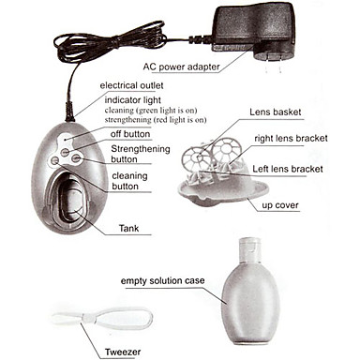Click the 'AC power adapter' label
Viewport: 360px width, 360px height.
click(x=181, y=67)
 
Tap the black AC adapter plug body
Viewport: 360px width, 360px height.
click(x=254, y=27)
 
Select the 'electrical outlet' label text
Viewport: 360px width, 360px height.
click(x=131, y=85)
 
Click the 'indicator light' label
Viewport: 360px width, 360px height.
click(x=133, y=100)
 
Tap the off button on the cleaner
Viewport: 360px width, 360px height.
click(x=65, y=153)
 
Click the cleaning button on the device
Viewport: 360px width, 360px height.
click(x=54, y=161)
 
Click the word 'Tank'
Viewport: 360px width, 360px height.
click(x=128, y=228)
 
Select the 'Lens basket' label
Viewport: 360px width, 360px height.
click(x=276, y=112)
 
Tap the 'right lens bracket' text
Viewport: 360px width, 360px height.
click(x=291, y=138)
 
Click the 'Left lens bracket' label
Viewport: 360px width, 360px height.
click(x=288, y=169)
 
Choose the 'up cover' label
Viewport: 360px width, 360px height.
click(x=280, y=205)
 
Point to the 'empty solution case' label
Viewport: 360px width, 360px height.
click(x=162, y=280)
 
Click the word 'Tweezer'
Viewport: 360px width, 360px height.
click(x=123, y=352)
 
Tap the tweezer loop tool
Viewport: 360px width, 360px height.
click(x=102, y=318)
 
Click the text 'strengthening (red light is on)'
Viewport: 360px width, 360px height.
click(x=156, y=120)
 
